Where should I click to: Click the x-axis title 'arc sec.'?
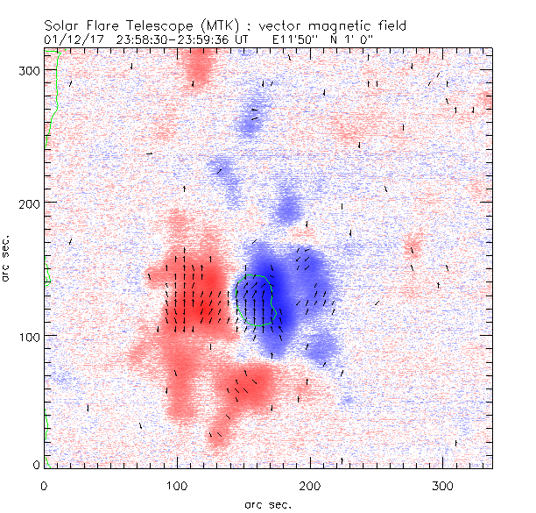[268, 503]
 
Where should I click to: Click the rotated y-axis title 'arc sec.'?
[7, 260]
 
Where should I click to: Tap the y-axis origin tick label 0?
[36, 465]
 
